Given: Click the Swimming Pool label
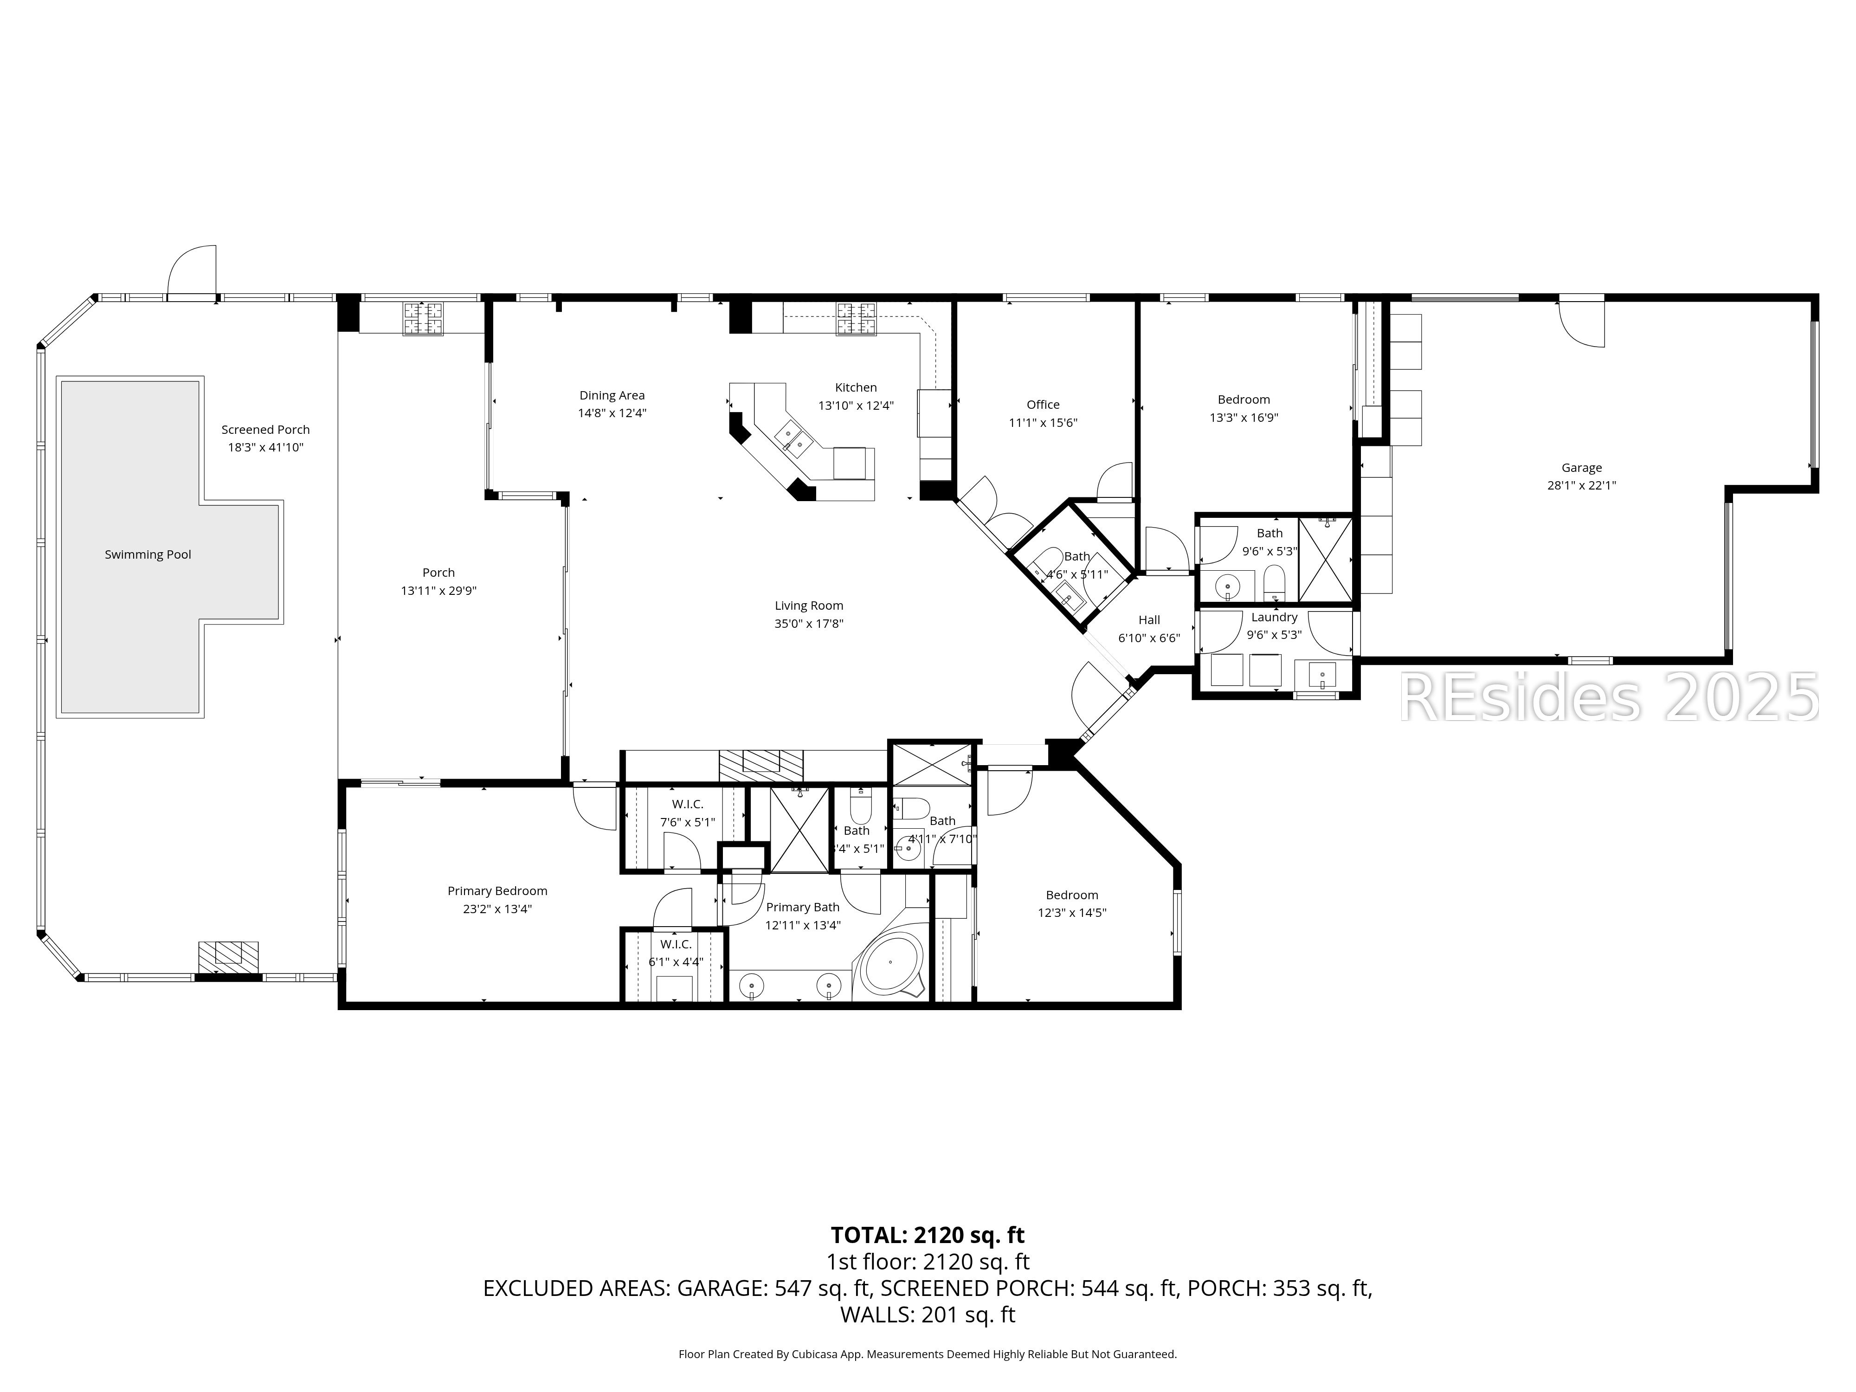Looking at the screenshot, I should pos(148,554).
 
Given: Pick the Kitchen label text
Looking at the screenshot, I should pos(855,387).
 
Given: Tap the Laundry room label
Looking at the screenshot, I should pos(1274,618).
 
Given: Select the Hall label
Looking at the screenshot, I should pos(1149,620).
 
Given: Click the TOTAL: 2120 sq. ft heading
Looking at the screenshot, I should pos(927,1235).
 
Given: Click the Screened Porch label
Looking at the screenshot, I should pos(265,430).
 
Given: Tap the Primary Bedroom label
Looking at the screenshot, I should pos(497,891).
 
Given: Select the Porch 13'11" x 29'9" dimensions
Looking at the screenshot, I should pos(438,591).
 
